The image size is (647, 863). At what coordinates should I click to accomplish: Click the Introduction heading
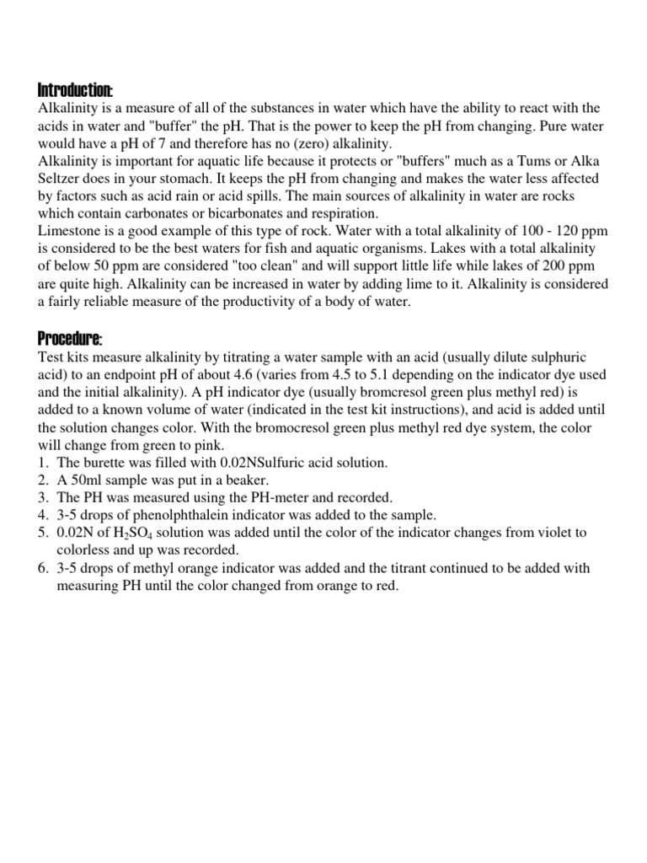76,90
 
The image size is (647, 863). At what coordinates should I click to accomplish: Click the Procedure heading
70,339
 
